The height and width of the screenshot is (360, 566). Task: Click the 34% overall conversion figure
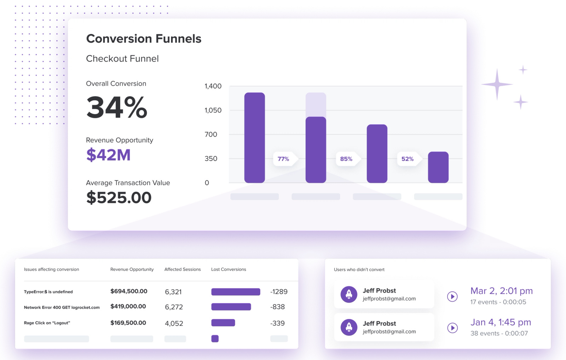tap(117, 108)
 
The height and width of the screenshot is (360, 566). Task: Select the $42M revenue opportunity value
tap(108, 155)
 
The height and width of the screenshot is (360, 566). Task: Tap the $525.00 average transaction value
tap(119, 197)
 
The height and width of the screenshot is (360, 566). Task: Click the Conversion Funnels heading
tap(144, 39)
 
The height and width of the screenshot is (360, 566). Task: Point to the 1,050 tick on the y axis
tap(213, 110)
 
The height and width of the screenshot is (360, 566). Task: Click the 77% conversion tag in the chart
tap(283, 159)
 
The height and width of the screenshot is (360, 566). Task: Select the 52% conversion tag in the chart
tap(408, 159)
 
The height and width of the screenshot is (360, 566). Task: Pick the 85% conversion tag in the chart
tap(346, 159)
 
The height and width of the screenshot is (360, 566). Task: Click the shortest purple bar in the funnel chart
tap(438, 167)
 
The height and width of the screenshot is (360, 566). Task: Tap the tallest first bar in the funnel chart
tap(254, 138)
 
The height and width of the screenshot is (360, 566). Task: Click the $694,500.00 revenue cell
tap(129, 291)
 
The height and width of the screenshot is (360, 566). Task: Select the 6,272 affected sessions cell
tap(174, 307)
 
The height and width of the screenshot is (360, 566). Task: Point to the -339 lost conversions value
tap(277, 323)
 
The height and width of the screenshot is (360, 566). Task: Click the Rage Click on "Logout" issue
tap(47, 323)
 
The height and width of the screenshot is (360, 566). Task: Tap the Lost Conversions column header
tap(229, 269)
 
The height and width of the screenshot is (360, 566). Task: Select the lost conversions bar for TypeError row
tap(236, 292)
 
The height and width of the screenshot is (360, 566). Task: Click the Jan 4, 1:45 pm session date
tap(501, 322)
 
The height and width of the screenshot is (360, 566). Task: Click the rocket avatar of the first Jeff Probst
tap(349, 294)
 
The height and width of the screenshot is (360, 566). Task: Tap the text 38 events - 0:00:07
tap(499, 333)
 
